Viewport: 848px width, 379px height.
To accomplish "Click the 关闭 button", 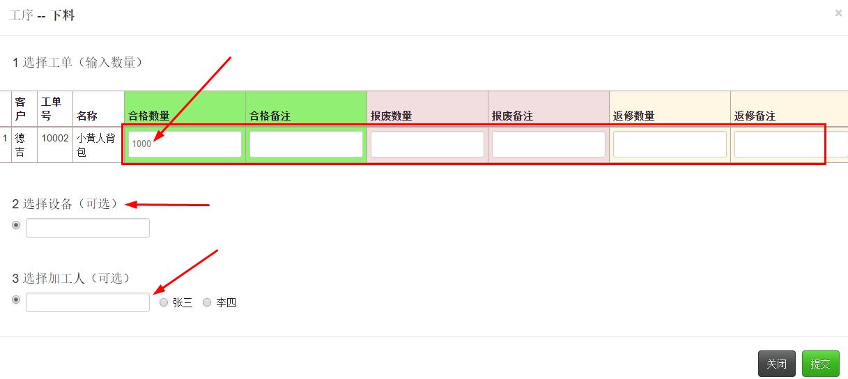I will tap(776, 364).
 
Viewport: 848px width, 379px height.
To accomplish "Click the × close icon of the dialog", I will tap(838, 13).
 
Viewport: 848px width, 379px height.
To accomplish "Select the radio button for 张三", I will tap(164, 302).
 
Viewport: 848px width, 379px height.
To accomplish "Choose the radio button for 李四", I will tap(207, 302).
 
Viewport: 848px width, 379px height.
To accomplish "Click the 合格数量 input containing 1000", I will tap(185, 144).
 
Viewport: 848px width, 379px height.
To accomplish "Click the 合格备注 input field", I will tap(306, 144).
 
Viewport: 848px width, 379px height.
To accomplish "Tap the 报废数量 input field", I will tap(427, 144).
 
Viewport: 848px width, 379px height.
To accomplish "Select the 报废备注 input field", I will tap(548, 144).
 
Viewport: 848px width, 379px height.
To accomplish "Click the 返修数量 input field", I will tap(670, 144).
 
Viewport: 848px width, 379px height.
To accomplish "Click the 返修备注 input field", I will tap(790, 144).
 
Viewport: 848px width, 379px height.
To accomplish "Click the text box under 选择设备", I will tap(88, 228).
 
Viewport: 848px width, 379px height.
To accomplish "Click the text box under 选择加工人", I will tap(88, 302).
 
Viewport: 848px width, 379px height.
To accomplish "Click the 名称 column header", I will tap(87, 116).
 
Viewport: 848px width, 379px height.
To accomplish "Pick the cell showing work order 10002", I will tap(54, 138).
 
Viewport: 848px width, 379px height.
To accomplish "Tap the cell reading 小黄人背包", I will tap(95, 145).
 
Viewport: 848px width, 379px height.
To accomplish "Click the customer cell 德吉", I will tap(20, 145).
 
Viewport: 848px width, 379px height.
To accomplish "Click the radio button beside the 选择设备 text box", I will tap(16, 225).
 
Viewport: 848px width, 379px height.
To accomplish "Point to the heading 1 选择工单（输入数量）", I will tap(77, 63).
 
